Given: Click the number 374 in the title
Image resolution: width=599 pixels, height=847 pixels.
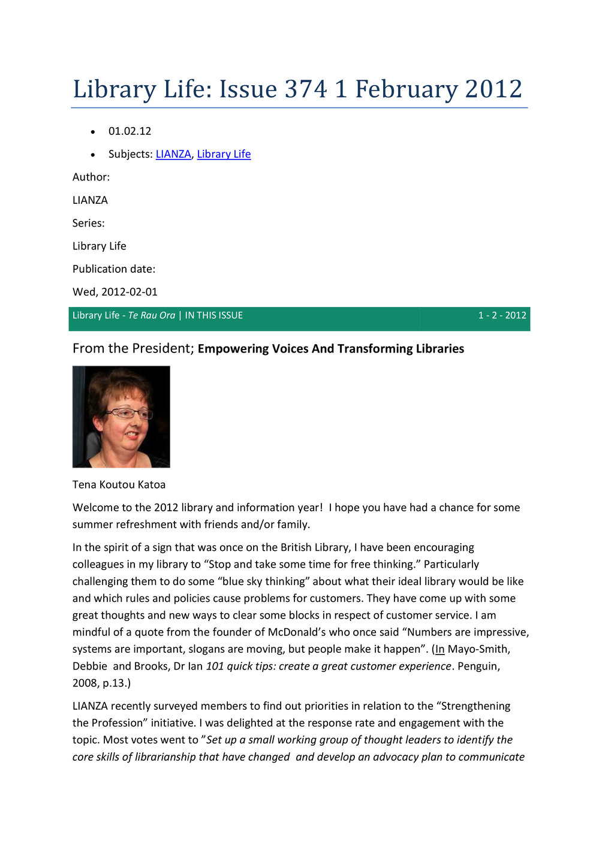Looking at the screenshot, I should coord(306,89).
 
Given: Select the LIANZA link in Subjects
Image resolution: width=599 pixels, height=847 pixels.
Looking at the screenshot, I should coord(173,154).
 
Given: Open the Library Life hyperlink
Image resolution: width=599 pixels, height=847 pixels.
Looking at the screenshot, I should coord(224,154).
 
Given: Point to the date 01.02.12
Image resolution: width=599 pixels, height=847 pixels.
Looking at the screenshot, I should coord(130,131).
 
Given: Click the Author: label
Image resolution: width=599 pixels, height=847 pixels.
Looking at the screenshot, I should coord(91,177).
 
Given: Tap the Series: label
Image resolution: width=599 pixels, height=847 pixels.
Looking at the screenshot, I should coord(89,223).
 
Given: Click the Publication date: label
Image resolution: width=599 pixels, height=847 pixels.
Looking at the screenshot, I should coord(114,269).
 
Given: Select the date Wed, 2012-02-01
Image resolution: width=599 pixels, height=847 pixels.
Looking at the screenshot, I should coord(115,292).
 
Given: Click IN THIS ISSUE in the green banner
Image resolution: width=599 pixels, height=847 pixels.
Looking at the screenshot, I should coord(214,315).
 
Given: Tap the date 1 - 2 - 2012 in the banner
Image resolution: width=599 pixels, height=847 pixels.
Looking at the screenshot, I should coord(502,315).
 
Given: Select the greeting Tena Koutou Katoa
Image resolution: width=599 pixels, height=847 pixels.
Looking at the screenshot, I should coord(119,484).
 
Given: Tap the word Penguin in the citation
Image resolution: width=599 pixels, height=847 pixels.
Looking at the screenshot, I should coord(478,666).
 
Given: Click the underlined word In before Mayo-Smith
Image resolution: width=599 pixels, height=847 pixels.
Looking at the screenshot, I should coord(440,649).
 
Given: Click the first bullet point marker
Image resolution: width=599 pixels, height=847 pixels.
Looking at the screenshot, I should coord(93,132).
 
